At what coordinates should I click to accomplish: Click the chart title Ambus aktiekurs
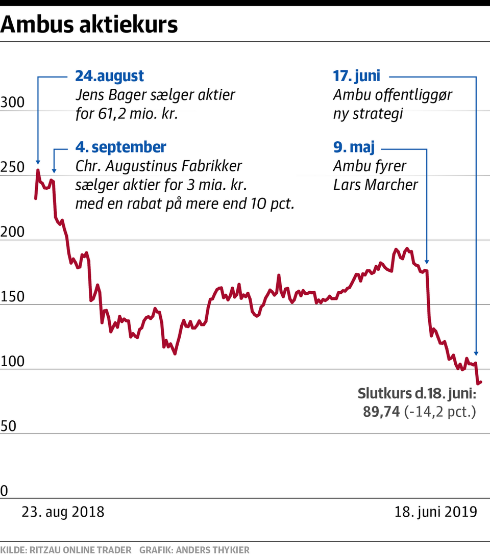pos(90,24)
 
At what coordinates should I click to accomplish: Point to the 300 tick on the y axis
pos(12,103)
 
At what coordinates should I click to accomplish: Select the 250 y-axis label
pos(12,168)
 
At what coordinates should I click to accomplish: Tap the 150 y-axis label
pos(12,297)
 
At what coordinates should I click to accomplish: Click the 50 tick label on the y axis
pos(8,426)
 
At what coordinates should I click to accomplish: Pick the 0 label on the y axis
pos(5,491)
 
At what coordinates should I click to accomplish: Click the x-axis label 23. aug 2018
pos(63,512)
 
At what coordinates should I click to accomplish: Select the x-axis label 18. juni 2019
pos(436,512)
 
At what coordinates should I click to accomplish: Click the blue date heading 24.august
pos(109,77)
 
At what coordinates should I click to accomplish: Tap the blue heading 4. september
pos(120,147)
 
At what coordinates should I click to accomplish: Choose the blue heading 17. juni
pos(357,77)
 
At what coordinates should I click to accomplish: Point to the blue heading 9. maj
pos(354,148)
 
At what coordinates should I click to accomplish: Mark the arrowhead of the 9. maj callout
pos(427,261)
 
